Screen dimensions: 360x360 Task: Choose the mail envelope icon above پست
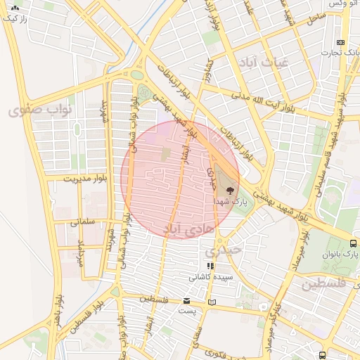[x=186, y=300]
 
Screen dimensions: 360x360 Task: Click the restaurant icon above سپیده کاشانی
[x=210, y=266]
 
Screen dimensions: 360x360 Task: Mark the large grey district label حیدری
[x=223, y=250]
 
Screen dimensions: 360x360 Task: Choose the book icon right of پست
[x=212, y=302]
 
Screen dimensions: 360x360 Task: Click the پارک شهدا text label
[x=228, y=201]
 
